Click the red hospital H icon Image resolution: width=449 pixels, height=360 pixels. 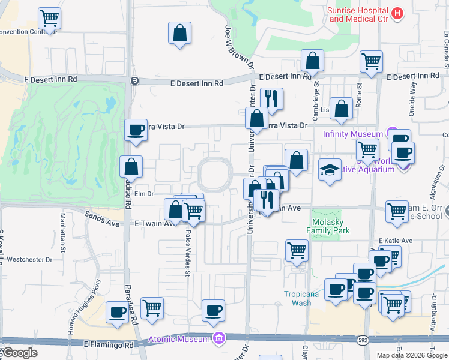[396, 13]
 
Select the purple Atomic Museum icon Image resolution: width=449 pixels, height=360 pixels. [218, 339]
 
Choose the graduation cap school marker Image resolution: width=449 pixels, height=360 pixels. [329, 170]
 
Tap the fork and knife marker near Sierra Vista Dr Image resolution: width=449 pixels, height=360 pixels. [271, 100]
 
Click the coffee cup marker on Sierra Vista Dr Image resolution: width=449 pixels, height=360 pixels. [136, 130]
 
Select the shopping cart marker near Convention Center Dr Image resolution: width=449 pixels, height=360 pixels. [49, 18]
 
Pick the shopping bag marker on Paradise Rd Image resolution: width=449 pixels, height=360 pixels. [131, 167]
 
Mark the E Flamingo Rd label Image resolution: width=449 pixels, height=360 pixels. [108, 345]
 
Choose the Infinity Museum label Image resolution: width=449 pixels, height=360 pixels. [352, 134]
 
